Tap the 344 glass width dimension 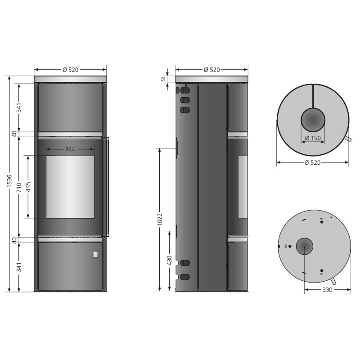(x=70, y=149)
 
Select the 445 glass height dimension (x=28, y=186)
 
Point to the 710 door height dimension (x=19, y=187)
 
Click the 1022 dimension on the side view (x=160, y=219)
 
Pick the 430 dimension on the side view (x=170, y=261)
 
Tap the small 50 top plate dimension (x=163, y=79)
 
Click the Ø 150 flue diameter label (x=313, y=138)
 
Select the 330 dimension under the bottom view (x=327, y=290)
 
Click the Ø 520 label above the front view (x=71, y=70)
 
